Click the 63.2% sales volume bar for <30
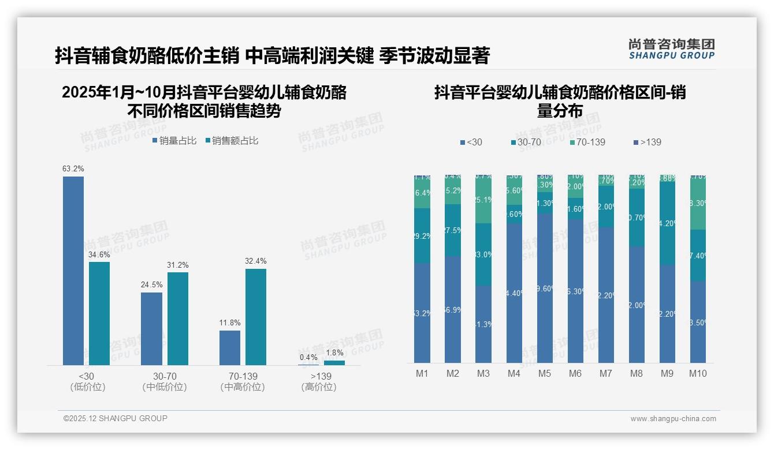tap(73, 271)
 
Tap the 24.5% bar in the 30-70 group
tap(151, 328)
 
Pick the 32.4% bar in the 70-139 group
tap(256, 317)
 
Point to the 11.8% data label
tap(230, 322)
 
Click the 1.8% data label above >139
tap(334, 352)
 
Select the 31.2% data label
tap(178, 265)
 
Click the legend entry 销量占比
tap(174, 141)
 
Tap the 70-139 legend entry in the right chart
tap(586, 142)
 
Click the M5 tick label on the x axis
tap(544, 374)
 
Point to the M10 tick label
tap(698, 374)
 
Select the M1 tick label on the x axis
tap(422, 374)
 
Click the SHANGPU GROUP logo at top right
tap(671, 49)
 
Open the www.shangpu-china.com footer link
tap(673, 419)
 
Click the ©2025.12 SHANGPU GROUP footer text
tap(116, 418)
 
